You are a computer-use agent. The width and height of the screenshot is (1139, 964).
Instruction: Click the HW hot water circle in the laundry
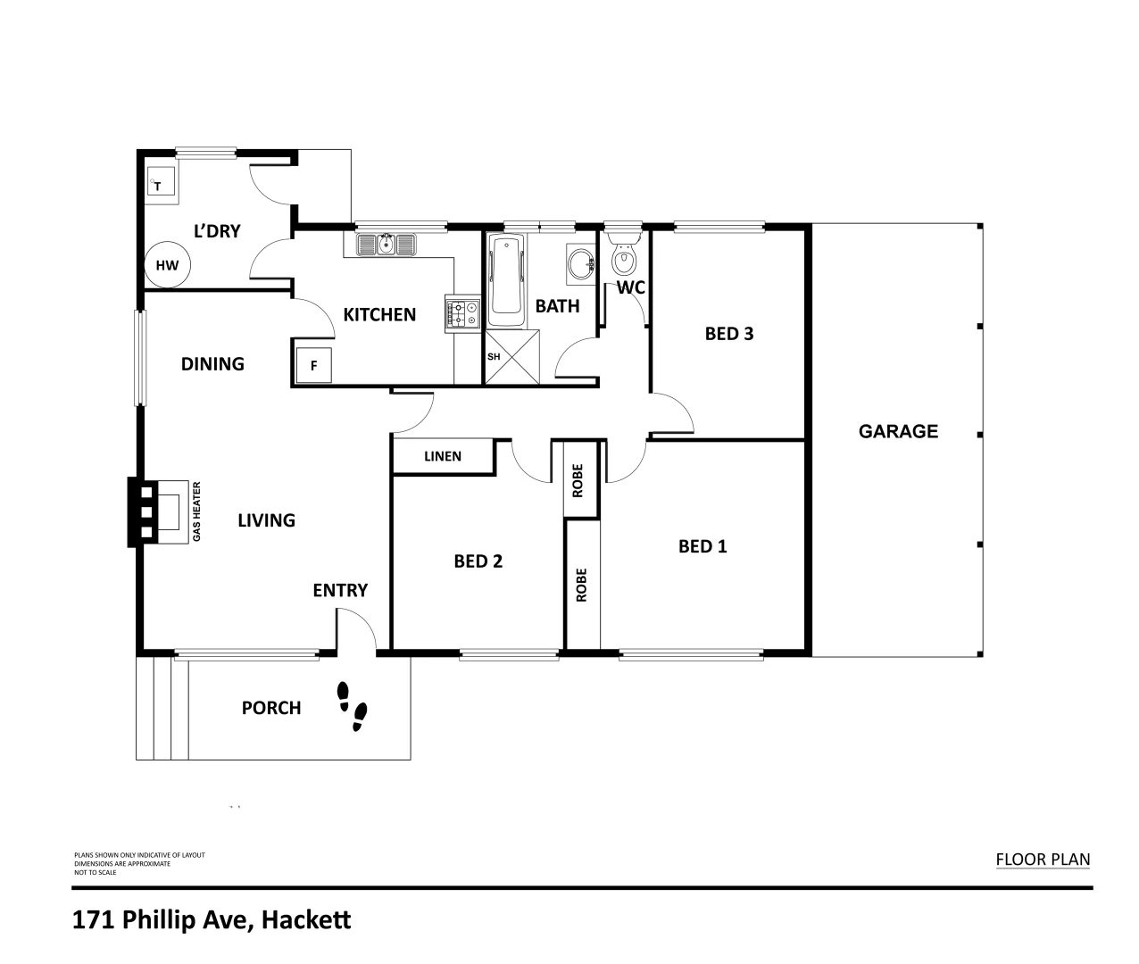pos(167,265)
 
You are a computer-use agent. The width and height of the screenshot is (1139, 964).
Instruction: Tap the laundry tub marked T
pos(161,185)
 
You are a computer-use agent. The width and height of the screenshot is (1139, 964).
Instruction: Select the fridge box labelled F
pos(313,365)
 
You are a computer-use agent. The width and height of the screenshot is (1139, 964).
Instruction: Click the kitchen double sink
pos(387,244)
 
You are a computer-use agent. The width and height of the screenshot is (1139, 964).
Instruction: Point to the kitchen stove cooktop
pos(461,314)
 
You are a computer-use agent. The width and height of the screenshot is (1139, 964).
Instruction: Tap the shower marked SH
pos(512,357)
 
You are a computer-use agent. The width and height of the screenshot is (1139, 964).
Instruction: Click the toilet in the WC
pos(623,257)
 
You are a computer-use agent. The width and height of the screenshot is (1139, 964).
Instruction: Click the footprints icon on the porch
pos(352,706)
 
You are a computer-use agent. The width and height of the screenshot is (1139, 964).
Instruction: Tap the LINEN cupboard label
pos(443,456)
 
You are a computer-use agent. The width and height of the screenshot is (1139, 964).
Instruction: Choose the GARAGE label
pos(898,431)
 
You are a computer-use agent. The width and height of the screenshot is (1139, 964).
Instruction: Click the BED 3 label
pos(729,334)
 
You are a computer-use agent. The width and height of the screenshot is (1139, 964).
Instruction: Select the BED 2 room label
pos(478,561)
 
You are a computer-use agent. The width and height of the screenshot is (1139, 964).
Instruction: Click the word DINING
pos(212,363)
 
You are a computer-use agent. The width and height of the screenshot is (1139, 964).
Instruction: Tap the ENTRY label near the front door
pos(340,590)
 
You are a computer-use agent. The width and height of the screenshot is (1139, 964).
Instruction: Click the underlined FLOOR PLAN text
pos(1043,860)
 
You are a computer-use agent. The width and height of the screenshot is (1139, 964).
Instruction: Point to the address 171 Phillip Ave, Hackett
pos(212,919)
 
